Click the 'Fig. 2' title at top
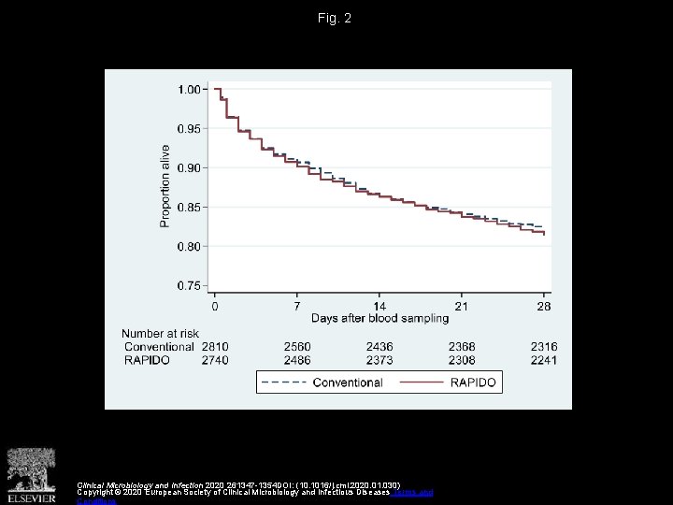335,19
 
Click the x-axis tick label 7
297,306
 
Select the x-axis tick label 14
379,306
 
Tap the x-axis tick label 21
462,306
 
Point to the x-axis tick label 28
544,306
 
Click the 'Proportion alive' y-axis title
165,185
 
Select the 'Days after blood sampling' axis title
379,320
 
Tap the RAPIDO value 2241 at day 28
544,360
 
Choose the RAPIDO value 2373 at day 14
379,360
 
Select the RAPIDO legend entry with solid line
450,382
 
